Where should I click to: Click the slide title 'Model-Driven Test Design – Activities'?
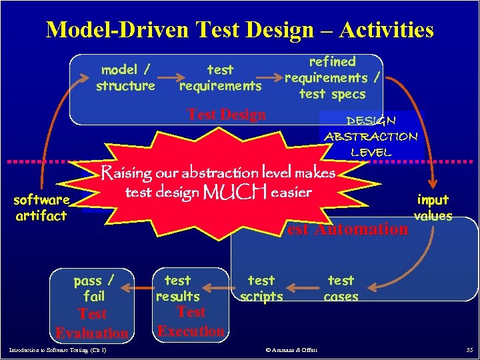(x=240, y=30)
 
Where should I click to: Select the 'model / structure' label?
(x=125, y=77)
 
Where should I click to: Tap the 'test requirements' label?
(x=220, y=77)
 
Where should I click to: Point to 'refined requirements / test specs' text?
(x=332, y=78)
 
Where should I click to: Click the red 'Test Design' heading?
(x=227, y=115)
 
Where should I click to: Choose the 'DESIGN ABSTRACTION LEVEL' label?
(x=371, y=136)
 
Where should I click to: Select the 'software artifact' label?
(x=41, y=207)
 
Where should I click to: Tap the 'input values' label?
(x=433, y=207)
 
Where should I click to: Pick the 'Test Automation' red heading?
(x=347, y=229)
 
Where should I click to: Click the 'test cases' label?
(x=341, y=288)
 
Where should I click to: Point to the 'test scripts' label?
(x=261, y=288)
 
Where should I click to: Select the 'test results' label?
(x=177, y=288)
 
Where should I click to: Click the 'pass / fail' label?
(x=93, y=288)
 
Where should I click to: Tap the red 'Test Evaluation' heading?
(x=92, y=323)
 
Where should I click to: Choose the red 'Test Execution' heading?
(x=191, y=321)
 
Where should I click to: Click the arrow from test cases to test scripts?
(x=304, y=288)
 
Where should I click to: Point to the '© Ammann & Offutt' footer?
(x=291, y=350)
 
